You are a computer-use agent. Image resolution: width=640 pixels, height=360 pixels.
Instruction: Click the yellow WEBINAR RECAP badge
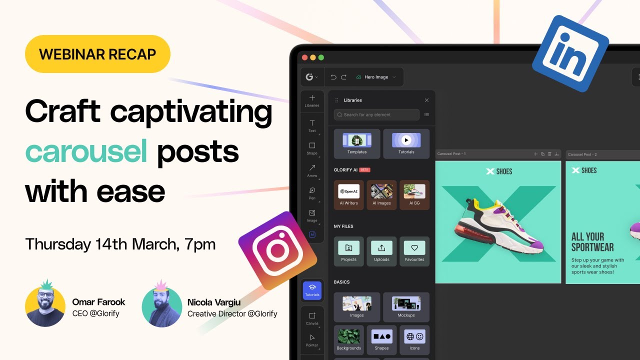(97, 54)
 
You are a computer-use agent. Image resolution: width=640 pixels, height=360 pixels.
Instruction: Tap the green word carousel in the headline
(86, 152)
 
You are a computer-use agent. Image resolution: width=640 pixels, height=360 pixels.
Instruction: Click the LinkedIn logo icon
(570, 53)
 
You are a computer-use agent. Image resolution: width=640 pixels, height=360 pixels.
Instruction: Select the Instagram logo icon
(277, 250)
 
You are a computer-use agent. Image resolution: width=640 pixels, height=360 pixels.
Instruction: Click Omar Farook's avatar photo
(45, 305)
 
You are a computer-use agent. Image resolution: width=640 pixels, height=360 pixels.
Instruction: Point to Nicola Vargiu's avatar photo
(161, 306)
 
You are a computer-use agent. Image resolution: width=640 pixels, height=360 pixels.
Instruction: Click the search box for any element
(376, 114)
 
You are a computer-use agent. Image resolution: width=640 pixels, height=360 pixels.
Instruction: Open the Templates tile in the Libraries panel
(357, 143)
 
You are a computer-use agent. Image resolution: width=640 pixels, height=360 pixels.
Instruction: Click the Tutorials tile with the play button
(406, 143)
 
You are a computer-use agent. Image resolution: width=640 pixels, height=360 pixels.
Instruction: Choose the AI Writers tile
(348, 194)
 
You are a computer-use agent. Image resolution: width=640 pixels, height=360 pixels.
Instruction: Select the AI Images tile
(381, 194)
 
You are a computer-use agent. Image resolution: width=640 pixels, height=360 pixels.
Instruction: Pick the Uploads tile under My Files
(381, 251)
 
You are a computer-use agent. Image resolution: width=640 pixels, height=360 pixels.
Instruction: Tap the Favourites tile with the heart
(414, 251)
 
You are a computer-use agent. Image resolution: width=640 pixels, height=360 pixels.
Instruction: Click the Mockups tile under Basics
(406, 306)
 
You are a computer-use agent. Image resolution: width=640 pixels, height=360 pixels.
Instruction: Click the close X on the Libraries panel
(426, 100)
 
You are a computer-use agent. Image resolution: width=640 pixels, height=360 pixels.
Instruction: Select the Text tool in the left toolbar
(312, 125)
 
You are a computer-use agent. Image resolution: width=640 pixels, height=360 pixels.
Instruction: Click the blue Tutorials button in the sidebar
(312, 290)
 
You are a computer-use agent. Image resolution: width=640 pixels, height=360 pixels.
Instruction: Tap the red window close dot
(304, 57)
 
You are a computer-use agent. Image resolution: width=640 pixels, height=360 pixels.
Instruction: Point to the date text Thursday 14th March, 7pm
(120, 244)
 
